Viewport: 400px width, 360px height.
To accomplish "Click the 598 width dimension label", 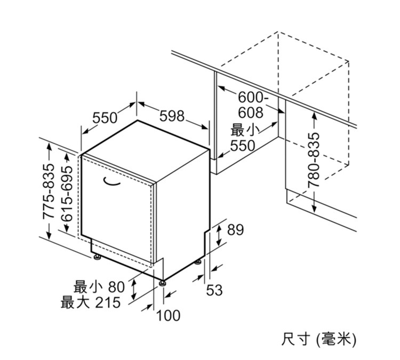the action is pyautogui.click(x=172, y=116).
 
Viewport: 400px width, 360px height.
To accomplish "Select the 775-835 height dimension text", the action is pyautogui.click(x=49, y=191).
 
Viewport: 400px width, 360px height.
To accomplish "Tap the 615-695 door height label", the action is pyautogui.click(x=67, y=194).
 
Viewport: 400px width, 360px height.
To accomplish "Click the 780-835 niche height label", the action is pyautogui.click(x=314, y=159).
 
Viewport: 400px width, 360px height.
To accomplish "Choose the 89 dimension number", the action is pyautogui.click(x=235, y=230).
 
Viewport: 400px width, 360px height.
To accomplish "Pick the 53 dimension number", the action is pyautogui.click(x=214, y=290).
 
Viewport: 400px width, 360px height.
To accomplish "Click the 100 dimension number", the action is pyautogui.click(x=168, y=315).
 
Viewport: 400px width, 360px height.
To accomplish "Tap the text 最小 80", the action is pyautogui.click(x=99, y=287).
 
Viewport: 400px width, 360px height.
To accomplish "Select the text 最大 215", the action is pyautogui.click(x=90, y=302).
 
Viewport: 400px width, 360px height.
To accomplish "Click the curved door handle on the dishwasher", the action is pyautogui.click(x=111, y=181).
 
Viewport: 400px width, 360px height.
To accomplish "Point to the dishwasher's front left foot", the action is pyautogui.click(x=97, y=257).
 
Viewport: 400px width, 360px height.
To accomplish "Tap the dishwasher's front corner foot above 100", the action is pyautogui.click(x=163, y=283).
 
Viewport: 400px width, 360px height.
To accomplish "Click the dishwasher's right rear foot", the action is pyautogui.click(x=198, y=262).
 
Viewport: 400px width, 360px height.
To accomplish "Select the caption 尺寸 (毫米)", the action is pyautogui.click(x=318, y=339).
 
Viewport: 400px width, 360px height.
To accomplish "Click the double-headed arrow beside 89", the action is pyautogui.click(x=219, y=236).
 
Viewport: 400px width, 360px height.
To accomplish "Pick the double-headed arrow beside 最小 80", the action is pyautogui.click(x=133, y=289).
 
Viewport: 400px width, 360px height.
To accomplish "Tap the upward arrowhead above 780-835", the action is pyautogui.click(x=314, y=116).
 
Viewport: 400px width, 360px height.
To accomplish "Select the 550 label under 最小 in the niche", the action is pyautogui.click(x=243, y=146).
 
